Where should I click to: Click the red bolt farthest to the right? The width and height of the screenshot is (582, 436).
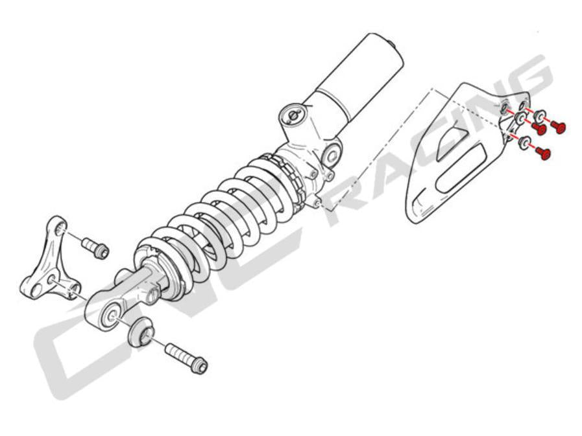[x=561, y=127]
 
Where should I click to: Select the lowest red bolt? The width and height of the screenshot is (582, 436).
[x=544, y=154]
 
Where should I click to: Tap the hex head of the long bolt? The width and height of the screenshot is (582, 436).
[x=200, y=366]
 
